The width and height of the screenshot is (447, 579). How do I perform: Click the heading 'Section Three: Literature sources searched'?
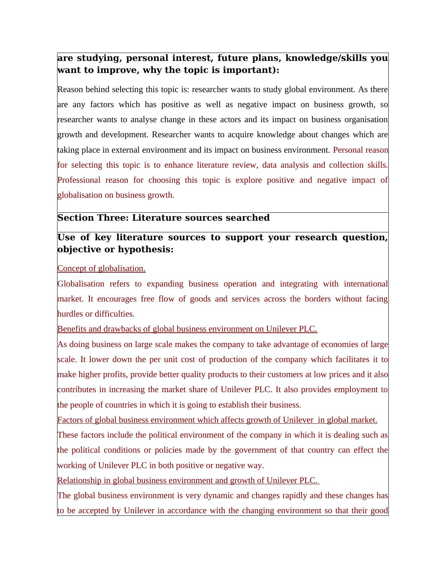[x=163, y=218]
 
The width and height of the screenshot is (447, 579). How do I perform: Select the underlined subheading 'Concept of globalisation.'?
[x=101, y=268]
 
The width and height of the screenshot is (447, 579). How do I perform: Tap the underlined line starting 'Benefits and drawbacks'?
[x=187, y=329]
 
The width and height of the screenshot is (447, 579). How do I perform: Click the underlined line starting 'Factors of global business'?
[x=217, y=420]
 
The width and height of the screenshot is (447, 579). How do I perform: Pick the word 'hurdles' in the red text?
[x=70, y=314]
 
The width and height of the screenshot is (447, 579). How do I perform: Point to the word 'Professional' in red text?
[x=79, y=180]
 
